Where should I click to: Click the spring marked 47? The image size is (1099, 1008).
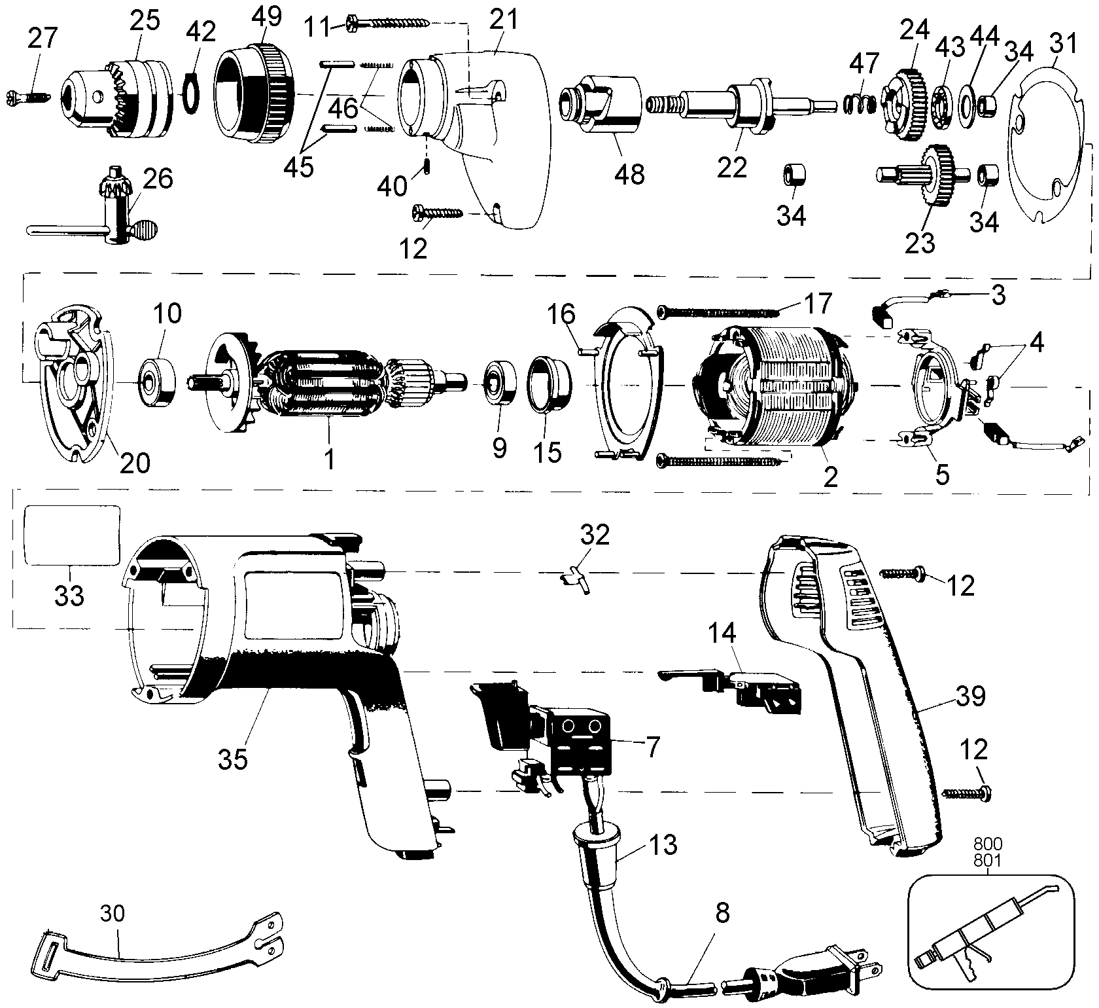(x=857, y=104)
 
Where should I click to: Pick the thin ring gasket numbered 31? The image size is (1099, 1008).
(x=1050, y=135)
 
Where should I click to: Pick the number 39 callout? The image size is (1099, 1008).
(x=971, y=696)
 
